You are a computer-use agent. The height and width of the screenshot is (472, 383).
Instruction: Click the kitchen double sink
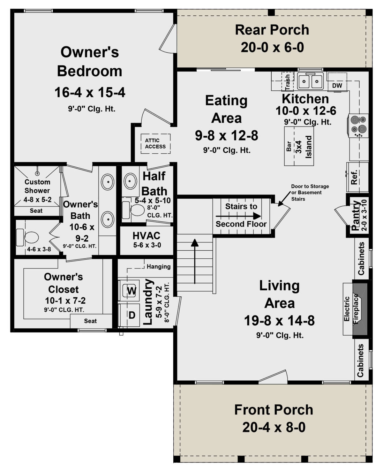coord(310,81)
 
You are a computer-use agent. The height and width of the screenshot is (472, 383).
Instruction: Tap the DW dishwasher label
coord(337,86)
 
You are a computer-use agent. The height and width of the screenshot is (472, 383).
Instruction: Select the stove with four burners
coord(357,126)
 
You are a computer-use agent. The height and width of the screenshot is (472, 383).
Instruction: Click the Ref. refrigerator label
coord(354,177)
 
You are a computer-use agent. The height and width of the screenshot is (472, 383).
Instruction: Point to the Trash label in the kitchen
coord(287,82)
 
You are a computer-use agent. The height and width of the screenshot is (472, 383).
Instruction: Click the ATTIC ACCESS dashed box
coord(156,144)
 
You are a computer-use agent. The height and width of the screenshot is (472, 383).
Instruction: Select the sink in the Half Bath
coord(130,181)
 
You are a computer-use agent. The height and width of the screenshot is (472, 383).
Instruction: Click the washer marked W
coord(131,291)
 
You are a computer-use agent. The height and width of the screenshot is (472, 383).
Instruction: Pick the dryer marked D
coord(132,315)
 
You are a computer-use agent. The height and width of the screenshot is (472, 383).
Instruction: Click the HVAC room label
coord(146,236)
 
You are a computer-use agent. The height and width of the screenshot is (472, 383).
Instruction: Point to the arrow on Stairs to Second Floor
coord(238,216)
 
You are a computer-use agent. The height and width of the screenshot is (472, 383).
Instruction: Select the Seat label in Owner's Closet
coord(90,321)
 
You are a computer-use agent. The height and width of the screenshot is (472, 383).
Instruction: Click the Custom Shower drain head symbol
coord(37,173)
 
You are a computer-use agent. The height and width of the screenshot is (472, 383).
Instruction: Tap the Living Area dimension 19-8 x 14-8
coord(279,320)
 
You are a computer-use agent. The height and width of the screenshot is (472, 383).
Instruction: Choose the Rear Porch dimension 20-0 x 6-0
coord(272,47)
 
